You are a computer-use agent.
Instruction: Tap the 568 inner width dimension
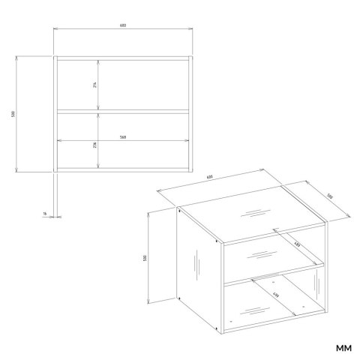pyautogui.click(x=122, y=137)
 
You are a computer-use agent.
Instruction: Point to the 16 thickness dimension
pyautogui.click(x=45, y=214)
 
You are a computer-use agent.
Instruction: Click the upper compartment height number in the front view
pyautogui.click(x=95, y=85)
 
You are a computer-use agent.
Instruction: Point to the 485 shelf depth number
pyautogui.click(x=295, y=244)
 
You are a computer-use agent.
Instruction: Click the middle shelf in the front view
pyautogui.click(x=122, y=112)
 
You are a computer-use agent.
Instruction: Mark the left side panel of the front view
pyautogui.click(x=55, y=113)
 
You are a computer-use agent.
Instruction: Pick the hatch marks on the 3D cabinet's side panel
pyautogui.click(x=196, y=265)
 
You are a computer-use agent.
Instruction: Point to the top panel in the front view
pyautogui.click(x=122, y=57)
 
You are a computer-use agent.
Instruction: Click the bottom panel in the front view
pyautogui.click(x=122, y=169)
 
